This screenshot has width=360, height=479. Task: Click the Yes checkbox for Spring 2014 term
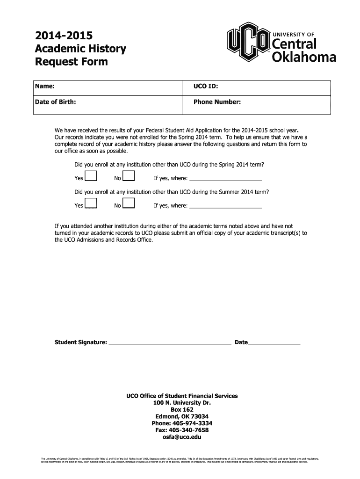(92, 176)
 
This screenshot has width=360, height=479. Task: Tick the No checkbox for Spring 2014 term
(129, 176)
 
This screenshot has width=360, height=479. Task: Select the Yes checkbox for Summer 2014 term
(92, 203)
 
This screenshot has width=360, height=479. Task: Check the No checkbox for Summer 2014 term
(129, 203)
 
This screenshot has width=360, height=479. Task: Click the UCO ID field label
(206, 87)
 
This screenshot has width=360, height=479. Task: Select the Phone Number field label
(217, 102)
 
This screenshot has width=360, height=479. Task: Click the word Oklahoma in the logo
(304, 58)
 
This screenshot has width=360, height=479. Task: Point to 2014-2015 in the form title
(64, 36)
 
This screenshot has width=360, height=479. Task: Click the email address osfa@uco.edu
(182, 437)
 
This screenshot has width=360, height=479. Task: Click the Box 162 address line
(182, 409)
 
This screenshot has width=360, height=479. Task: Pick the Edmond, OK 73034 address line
(182, 416)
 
